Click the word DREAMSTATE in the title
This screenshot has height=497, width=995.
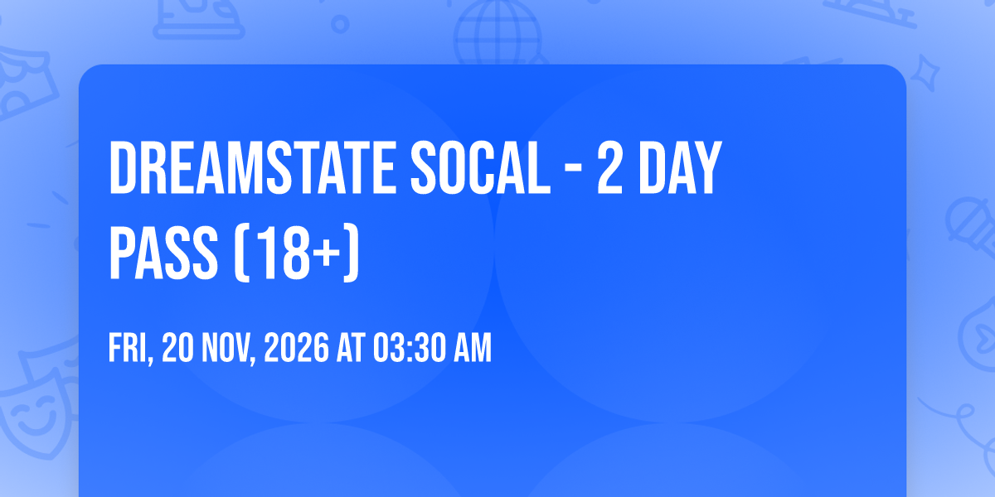click(x=252, y=167)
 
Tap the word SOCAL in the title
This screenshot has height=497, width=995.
click(x=481, y=167)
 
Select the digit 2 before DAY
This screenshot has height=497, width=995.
click(x=610, y=167)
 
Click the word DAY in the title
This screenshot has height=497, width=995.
click(x=680, y=167)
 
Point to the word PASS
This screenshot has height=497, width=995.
click(x=163, y=252)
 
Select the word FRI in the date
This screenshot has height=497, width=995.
click(x=129, y=348)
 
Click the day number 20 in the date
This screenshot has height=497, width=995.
click(x=177, y=348)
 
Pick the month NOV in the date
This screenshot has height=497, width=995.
click(x=228, y=348)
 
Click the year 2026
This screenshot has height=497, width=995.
click(x=297, y=348)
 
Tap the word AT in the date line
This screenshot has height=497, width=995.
click(x=351, y=348)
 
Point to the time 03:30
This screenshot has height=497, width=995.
click(x=410, y=348)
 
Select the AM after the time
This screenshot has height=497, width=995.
click(x=473, y=348)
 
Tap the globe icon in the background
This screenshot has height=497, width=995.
click(x=498, y=33)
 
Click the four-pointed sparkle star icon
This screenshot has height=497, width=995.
click(x=925, y=72)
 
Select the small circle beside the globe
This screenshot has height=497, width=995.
click(x=340, y=24)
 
